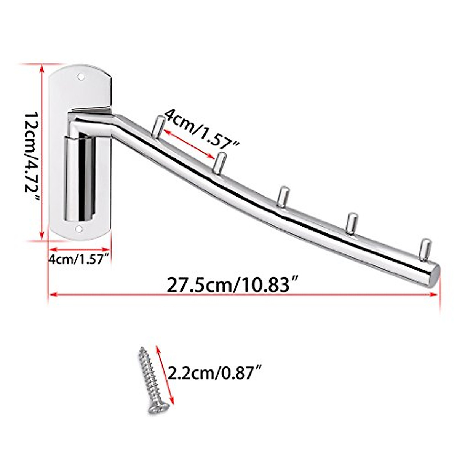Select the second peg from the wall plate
click(220, 162)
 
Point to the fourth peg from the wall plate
click(351, 222)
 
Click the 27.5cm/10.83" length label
click(232, 284)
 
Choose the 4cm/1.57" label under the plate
click(79, 260)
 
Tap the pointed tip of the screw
click(142, 348)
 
